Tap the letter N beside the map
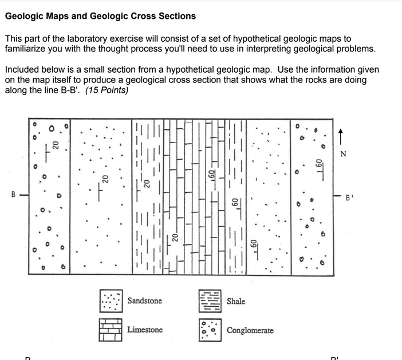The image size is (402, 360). tap(343, 154)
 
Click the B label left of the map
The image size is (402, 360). tap(13, 195)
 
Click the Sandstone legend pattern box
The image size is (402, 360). tap(111, 301)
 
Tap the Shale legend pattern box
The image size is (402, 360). tap(210, 301)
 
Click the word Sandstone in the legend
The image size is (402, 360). tap(144, 301)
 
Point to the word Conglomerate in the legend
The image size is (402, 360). tap(250, 331)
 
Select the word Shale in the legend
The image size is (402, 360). tap(236, 301)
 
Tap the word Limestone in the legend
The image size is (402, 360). tap(145, 330)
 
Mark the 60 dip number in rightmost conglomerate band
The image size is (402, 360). tap(319, 163)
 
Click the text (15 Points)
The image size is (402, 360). tap(107, 90)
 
